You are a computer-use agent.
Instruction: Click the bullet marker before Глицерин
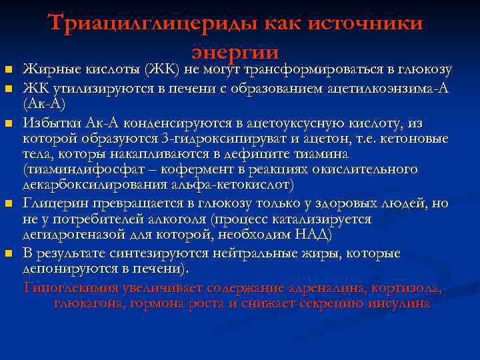(x=8, y=203)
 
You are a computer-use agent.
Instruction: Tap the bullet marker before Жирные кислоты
(x=8, y=70)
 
